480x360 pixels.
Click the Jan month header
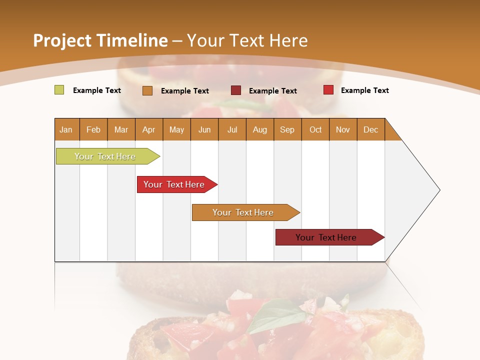pos(66,129)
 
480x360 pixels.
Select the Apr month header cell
pos(149,129)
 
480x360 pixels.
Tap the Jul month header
pos(232,129)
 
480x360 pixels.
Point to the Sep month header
pos(287,129)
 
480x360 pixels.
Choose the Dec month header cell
pos(370,129)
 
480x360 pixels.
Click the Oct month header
pos(315,129)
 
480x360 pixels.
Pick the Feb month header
pos(93,129)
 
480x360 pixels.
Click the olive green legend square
pos(59,90)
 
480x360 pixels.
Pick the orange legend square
pos(147,90)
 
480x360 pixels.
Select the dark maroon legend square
pos(236,90)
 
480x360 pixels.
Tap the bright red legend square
pos(328,90)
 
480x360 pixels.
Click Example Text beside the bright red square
pos(364,90)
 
